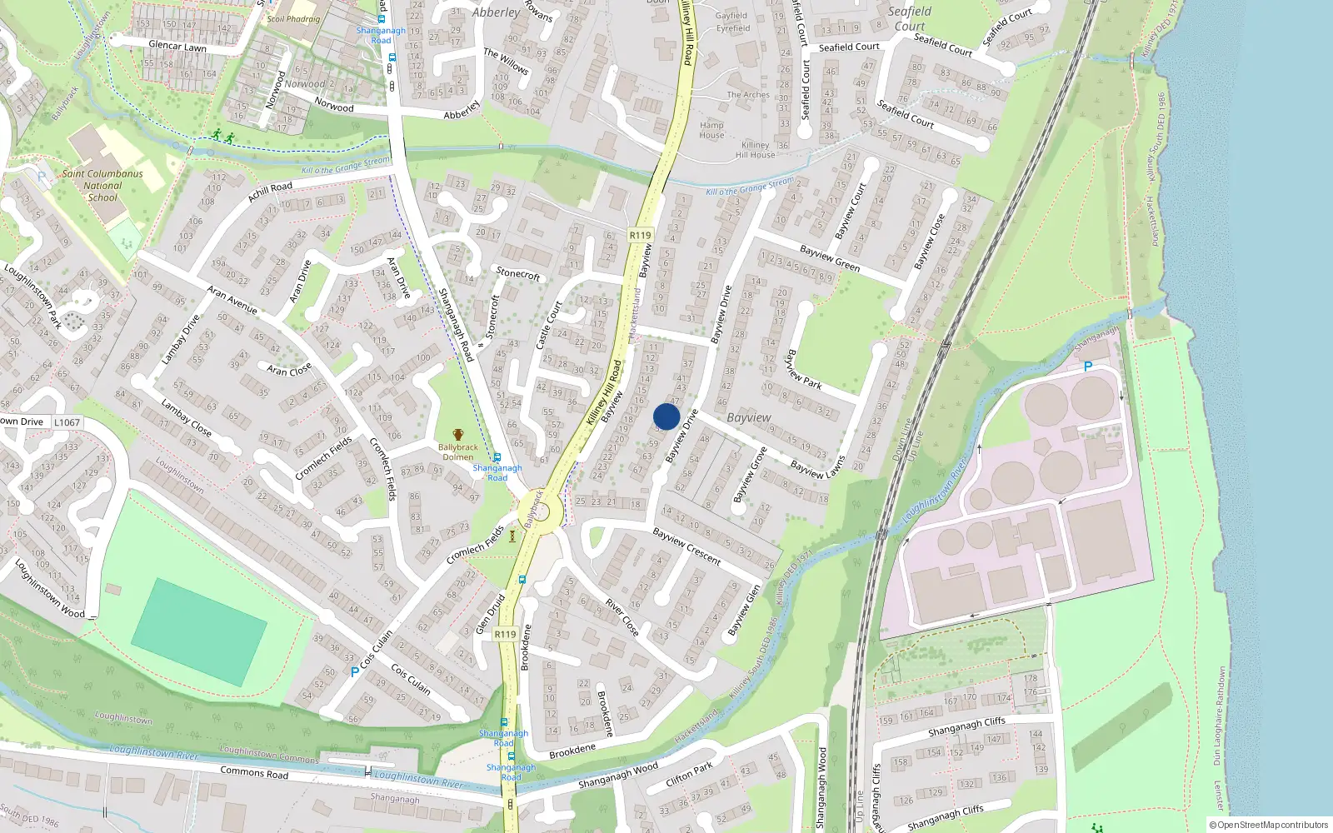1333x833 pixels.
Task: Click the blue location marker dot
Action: [x=666, y=416]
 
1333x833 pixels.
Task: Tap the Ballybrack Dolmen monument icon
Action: [x=457, y=435]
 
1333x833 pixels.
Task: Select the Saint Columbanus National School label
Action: [x=102, y=186]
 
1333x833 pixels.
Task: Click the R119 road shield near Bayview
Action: [x=640, y=235]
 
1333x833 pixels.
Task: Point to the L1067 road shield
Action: [x=67, y=422]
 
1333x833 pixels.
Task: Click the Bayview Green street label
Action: [x=829, y=258]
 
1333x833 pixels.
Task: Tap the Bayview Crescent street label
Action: [x=686, y=546]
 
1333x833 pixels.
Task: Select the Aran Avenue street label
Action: [x=232, y=300]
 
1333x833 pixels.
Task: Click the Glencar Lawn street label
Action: [x=177, y=47]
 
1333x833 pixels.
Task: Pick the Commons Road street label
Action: [x=254, y=772]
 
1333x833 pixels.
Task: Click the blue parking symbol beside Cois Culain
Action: [x=355, y=671]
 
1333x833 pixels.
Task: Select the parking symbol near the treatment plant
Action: [x=1087, y=367]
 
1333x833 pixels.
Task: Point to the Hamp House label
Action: [x=711, y=130]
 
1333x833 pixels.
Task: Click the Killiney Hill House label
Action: [x=756, y=150]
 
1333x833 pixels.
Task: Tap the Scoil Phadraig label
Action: [x=293, y=18]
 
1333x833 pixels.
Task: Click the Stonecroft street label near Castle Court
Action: [x=518, y=273]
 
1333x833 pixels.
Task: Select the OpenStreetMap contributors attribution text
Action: [x=1269, y=825]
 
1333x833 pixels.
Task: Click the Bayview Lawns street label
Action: [x=817, y=468]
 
